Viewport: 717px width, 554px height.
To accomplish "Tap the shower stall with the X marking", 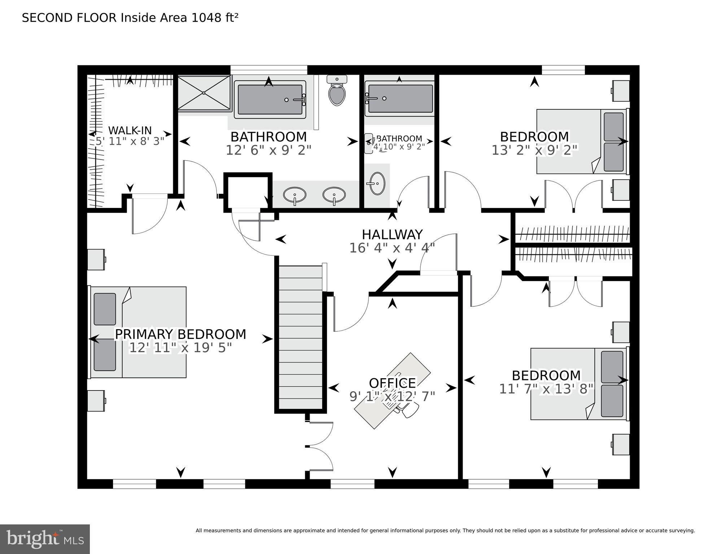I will pyautogui.click(x=204, y=92).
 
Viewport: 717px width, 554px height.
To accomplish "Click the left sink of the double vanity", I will pyautogui.click(x=294, y=195).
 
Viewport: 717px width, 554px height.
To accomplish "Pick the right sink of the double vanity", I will pyautogui.click(x=334, y=195).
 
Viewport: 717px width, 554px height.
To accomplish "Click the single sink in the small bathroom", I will pyautogui.click(x=377, y=183).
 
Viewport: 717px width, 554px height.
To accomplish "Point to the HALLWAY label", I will pyautogui.click(x=392, y=235).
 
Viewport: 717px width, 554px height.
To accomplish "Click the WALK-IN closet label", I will pyautogui.click(x=130, y=130).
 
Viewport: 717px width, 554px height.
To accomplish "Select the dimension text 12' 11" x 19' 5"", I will pyautogui.click(x=180, y=348).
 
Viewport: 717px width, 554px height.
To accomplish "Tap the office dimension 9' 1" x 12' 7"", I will pyautogui.click(x=392, y=396).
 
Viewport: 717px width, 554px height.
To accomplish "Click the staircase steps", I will pyautogui.click(x=300, y=337).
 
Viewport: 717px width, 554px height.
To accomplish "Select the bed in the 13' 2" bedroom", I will pyautogui.click(x=581, y=141).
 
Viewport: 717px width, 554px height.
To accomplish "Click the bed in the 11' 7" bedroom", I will pyautogui.click(x=577, y=384).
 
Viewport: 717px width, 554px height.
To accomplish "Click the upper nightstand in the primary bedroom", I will pyautogui.click(x=96, y=259).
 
